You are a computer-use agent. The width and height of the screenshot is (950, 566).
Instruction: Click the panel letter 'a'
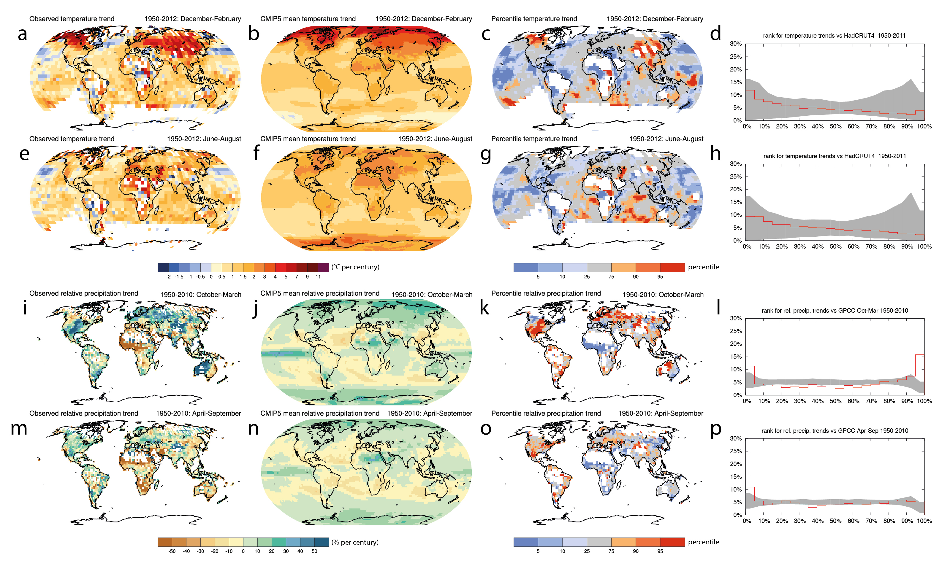[x=23, y=34]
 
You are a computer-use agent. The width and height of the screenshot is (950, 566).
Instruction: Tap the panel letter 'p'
[x=716, y=428]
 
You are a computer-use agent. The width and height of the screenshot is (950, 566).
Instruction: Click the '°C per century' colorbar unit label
[x=355, y=267]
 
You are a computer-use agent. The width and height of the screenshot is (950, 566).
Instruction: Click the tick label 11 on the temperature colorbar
[x=318, y=277]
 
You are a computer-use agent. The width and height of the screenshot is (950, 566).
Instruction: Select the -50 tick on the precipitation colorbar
[x=172, y=551]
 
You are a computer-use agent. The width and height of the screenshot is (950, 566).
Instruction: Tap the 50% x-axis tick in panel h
[x=835, y=247]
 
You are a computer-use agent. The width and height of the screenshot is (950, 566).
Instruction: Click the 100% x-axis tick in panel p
[x=924, y=521]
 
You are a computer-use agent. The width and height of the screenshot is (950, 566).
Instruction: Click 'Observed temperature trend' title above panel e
[x=72, y=139]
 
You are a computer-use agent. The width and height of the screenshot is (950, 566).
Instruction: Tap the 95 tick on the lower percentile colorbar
[x=660, y=551]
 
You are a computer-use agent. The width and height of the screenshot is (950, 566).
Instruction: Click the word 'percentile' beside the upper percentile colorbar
[x=703, y=267]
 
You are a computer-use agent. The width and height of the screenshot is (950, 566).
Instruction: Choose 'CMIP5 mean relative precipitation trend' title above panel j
[x=319, y=293]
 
